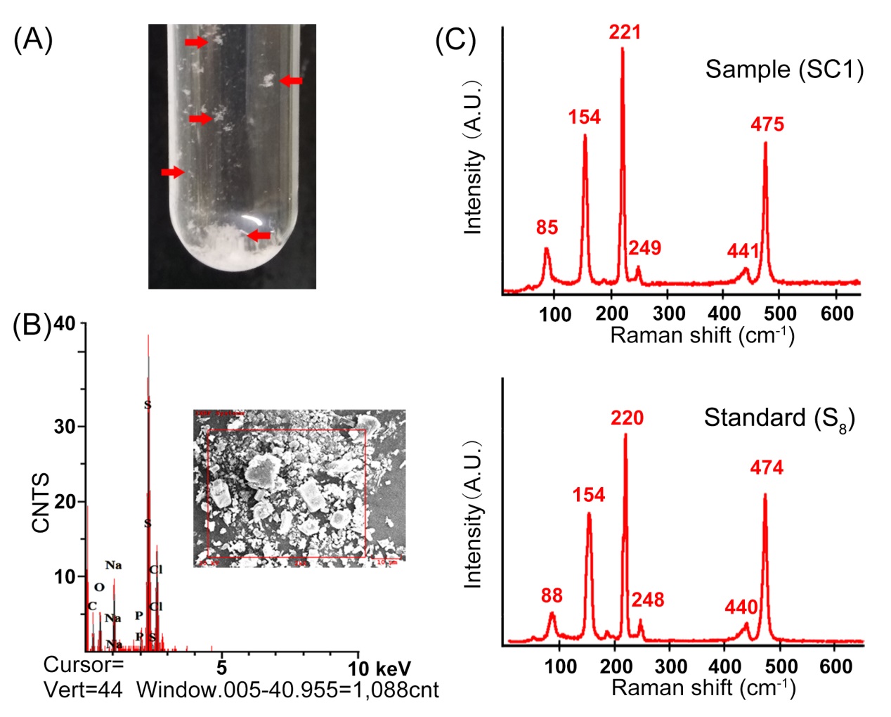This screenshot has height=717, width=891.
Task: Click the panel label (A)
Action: [33, 40]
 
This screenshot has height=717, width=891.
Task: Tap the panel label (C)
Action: [455, 40]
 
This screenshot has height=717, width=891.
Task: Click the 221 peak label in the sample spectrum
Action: [625, 32]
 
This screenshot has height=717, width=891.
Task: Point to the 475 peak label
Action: [767, 124]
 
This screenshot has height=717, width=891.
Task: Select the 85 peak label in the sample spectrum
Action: [547, 227]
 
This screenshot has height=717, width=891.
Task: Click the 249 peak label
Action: [644, 247]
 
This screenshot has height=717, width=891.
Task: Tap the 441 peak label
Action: [743, 250]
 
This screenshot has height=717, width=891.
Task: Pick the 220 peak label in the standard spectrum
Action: [627, 418]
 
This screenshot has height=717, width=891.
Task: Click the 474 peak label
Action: [766, 467]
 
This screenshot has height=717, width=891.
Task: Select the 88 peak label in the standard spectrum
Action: [552, 595]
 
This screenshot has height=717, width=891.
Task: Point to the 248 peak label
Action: [647, 600]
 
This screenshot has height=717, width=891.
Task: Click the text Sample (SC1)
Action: [784, 69]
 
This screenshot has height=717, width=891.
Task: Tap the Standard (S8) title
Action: [779, 418]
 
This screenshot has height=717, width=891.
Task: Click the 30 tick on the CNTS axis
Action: [65, 427]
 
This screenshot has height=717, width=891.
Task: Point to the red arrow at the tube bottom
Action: [259, 235]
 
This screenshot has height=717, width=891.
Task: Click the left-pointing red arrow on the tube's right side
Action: [291, 82]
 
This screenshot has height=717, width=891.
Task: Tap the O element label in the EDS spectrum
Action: [99, 587]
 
